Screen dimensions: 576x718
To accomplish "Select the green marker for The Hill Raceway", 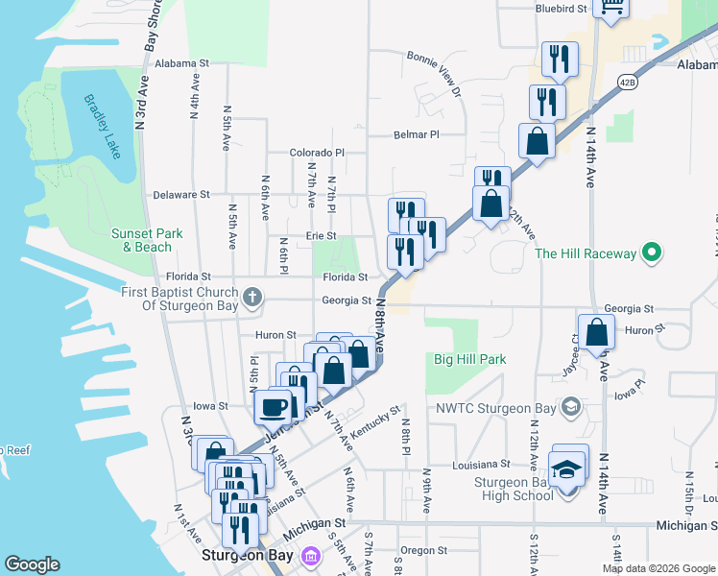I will click(652, 253).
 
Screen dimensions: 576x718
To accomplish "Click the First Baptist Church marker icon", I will click(252, 297).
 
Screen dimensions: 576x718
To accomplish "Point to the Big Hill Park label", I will click(469, 360).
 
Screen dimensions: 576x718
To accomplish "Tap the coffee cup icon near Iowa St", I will click(274, 406).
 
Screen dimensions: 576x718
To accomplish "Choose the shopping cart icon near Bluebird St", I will click(610, 7).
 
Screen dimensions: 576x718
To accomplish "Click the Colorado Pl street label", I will click(317, 153).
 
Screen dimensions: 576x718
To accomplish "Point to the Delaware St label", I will click(180, 195).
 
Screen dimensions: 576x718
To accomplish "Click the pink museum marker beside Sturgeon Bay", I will click(310, 557).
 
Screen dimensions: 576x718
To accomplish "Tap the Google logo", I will click(33, 565).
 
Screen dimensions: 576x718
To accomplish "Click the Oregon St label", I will click(418, 550).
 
